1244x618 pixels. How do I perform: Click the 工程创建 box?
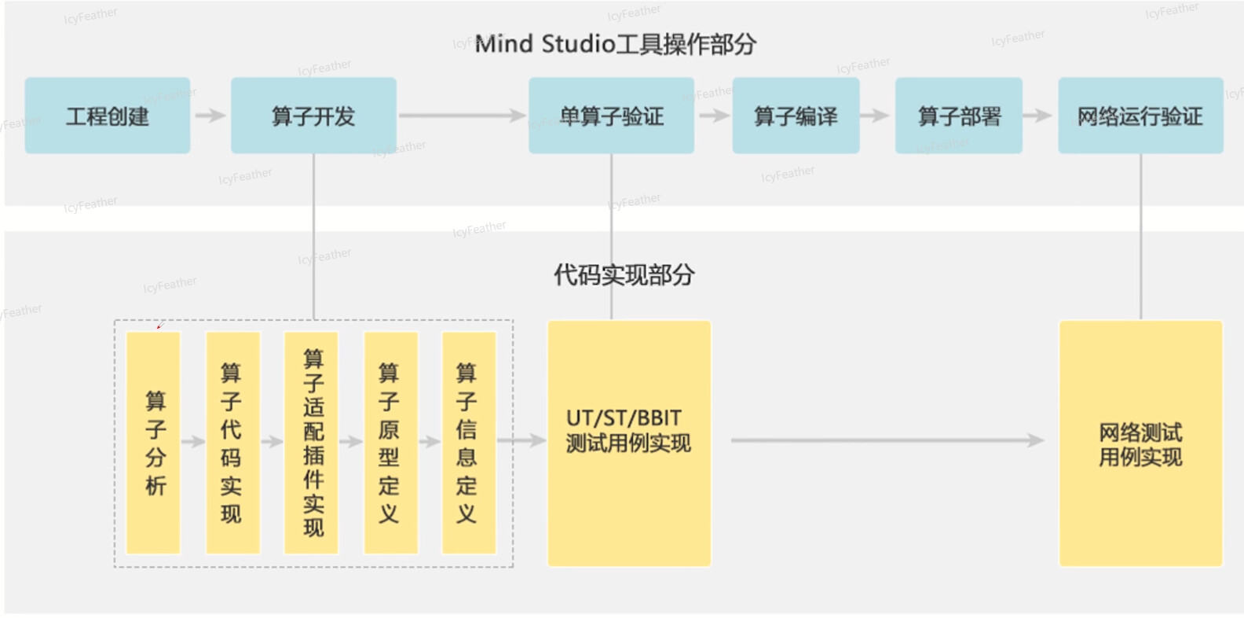pyautogui.click(x=107, y=116)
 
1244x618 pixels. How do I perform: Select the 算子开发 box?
pyautogui.click(x=314, y=116)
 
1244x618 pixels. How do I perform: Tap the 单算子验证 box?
pyautogui.click(x=612, y=116)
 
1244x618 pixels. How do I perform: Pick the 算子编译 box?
pyautogui.click(x=796, y=116)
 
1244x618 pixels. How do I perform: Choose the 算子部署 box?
pyautogui.click(x=959, y=116)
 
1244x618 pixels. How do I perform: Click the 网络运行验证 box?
pyautogui.click(x=1140, y=116)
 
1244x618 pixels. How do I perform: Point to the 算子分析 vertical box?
pyautogui.click(x=153, y=443)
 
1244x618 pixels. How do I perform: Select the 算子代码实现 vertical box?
pyautogui.click(x=233, y=443)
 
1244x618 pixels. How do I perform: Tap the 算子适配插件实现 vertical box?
pyautogui.click(x=311, y=443)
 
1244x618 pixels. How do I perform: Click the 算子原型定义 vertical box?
pyautogui.click(x=391, y=443)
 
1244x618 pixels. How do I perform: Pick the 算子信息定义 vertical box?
pyautogui.click(x=469, y=443)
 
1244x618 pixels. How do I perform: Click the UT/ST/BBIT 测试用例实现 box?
pyautogui.click(x=629, y=443)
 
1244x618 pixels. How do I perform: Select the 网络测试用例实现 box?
pyautogui.click(x=1140, y=443)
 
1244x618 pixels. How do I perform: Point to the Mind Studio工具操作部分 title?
pyautogui.click(x=616, y=44)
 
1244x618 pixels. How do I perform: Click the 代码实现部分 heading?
pyautogui.click(x=624, y=274)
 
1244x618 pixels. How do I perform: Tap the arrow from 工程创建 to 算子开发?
pyautogui.click(x=210, y=116)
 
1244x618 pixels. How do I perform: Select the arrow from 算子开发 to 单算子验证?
pyautogui.click(x=463, y=116)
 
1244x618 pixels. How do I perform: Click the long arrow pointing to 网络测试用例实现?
pyautogui.click(x=887, y=440)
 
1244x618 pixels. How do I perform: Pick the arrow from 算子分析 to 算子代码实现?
pyautogui.click(x=193, y=442)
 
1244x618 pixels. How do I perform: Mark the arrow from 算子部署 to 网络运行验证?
pyautogui.click(x=1037, y=116)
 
